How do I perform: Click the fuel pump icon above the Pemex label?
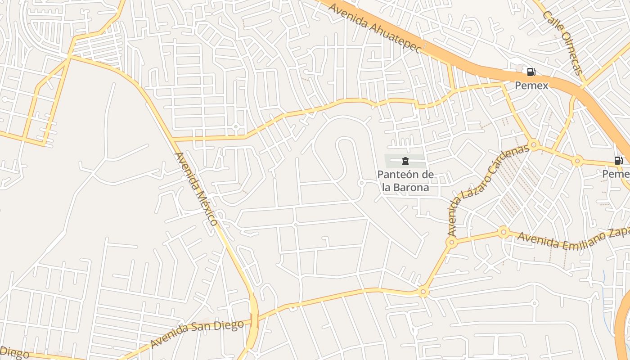pyautogui.click(x=531, y=72)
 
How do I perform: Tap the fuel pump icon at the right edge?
pyautogui.click(x=619, y=161)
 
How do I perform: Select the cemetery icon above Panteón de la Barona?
pyautogui.click(x=405, y=161)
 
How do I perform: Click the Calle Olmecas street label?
pyautogui.click(x=563, y=43)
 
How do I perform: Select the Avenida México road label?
pyautogui.click(x=196, y=189)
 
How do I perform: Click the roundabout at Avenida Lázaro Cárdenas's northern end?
pyautogui.click(x=534, y=145)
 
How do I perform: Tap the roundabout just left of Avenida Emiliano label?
pyautogui.click(x=504, y=232)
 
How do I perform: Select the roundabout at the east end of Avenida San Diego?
pyautogui.click(x=423, y=292)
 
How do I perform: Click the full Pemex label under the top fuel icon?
pyautogui.click(x=531, y=85)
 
